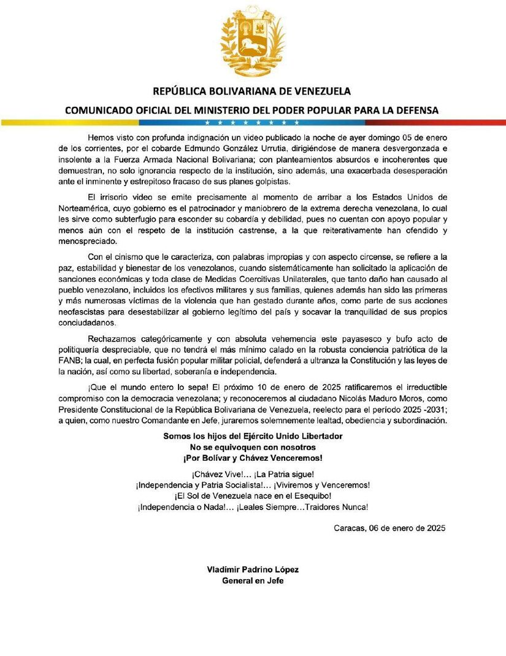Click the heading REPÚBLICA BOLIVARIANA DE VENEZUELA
coord(252,92)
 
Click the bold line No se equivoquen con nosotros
coord(252,447)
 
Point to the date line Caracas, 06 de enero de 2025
coord(389,528)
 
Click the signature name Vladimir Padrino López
coord(252,569)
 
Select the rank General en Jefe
coord(252,580)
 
